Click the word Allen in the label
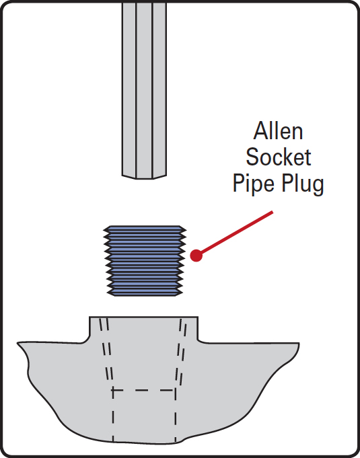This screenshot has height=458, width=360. [x=278, y=131]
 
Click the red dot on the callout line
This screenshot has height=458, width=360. [x=196, y=256]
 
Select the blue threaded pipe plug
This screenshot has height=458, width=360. [x=145, y=261]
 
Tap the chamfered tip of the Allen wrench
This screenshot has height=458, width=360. [x=145, y=177]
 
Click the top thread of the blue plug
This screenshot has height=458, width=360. [x=145, y=228]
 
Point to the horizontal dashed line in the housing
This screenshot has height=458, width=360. [x=144, y=390]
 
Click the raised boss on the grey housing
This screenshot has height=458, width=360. [x=143, y=329]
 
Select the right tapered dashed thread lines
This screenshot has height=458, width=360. [x=181, y=350]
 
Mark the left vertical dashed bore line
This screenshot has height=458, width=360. [x=113, y=415]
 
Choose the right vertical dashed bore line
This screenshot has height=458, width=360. [x=176, y=415]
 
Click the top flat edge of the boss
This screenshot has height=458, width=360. [x=143, y=317]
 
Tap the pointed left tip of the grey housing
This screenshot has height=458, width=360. [x=17, y=343]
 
